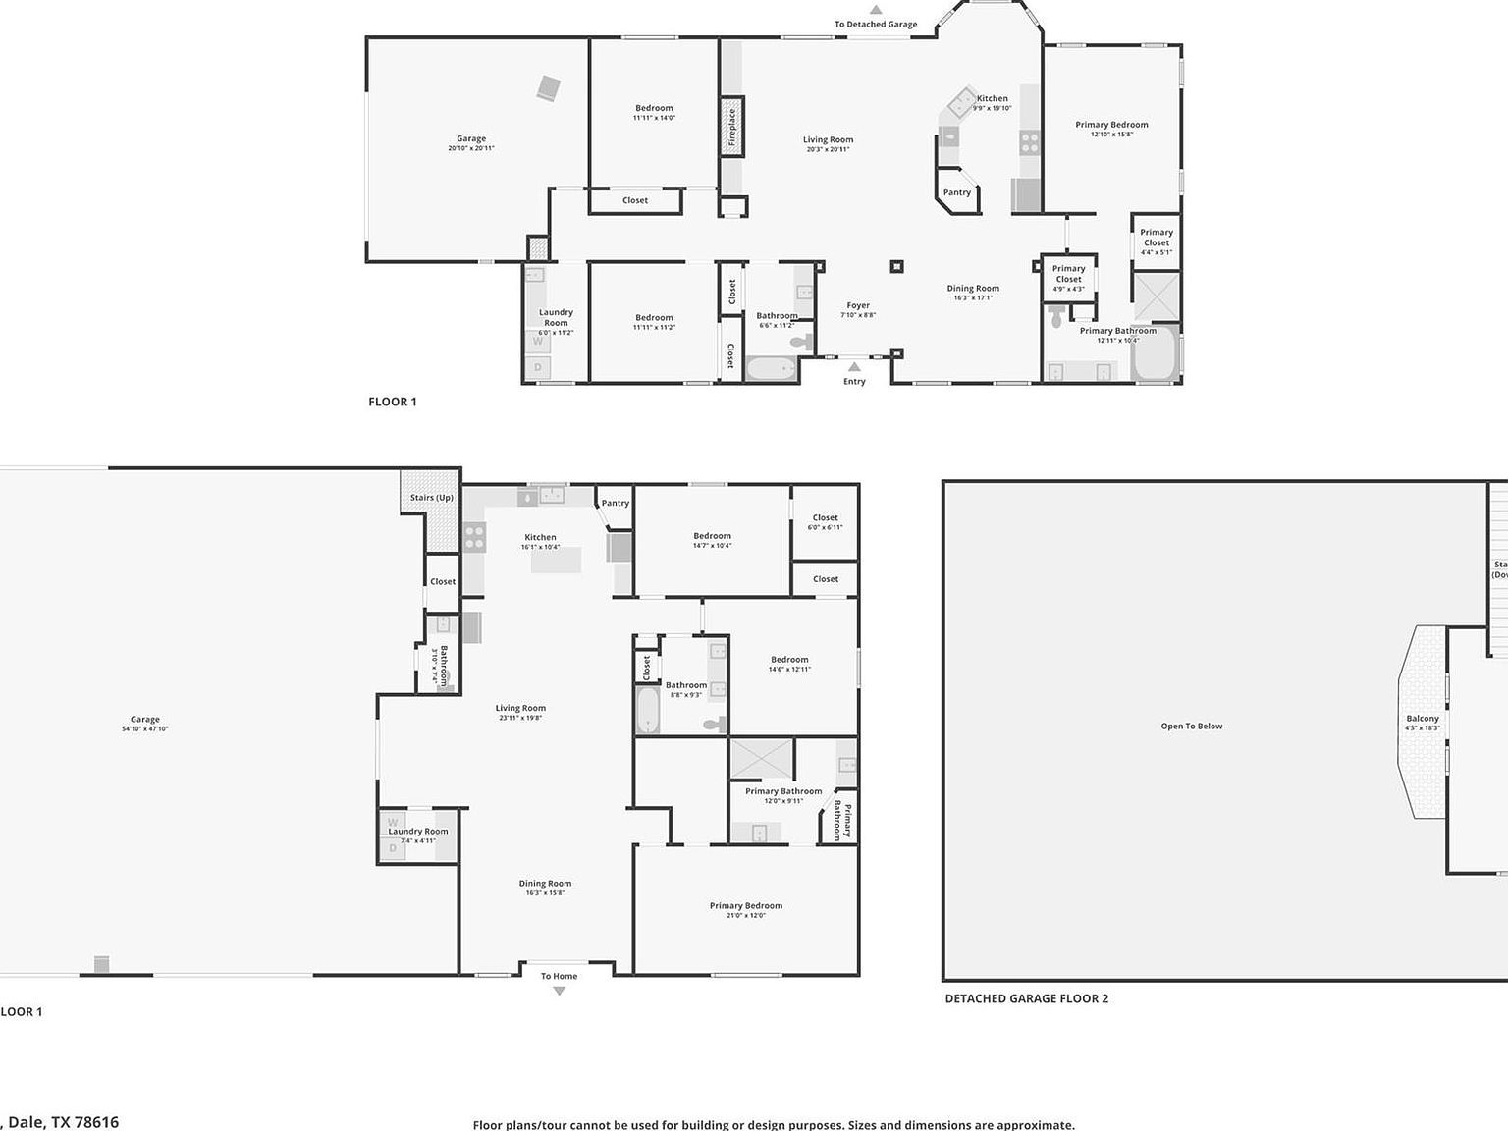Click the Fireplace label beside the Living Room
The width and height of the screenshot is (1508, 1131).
click(731, 127)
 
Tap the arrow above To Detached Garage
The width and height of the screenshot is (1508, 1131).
click(875, 10)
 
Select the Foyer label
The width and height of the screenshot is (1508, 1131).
click(858, 305)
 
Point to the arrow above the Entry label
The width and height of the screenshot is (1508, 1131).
click(854, 367)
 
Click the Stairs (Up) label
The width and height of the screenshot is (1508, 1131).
click(432, 498)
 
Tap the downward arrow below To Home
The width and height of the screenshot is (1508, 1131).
click(559, 992)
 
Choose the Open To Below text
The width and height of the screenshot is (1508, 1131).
click(1192, 727)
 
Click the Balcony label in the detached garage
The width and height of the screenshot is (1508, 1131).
click(1423, 719)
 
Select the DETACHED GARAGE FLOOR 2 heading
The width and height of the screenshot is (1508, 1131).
click(1027, 998)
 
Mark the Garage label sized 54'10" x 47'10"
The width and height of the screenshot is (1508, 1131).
click(144, 720)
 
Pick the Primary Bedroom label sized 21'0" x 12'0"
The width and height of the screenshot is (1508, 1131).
click(746, 906)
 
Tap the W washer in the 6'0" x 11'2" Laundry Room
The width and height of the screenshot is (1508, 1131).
click(537, 342)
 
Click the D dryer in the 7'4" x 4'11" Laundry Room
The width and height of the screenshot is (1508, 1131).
click(393, 848)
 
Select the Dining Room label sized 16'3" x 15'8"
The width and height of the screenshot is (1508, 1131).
click(545, 884)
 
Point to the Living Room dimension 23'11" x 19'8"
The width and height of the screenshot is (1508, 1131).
click(520, 718)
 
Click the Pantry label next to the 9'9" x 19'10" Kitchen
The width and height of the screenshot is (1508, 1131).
click(957, 192)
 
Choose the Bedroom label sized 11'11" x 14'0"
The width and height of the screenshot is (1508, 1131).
click(654, 108)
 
